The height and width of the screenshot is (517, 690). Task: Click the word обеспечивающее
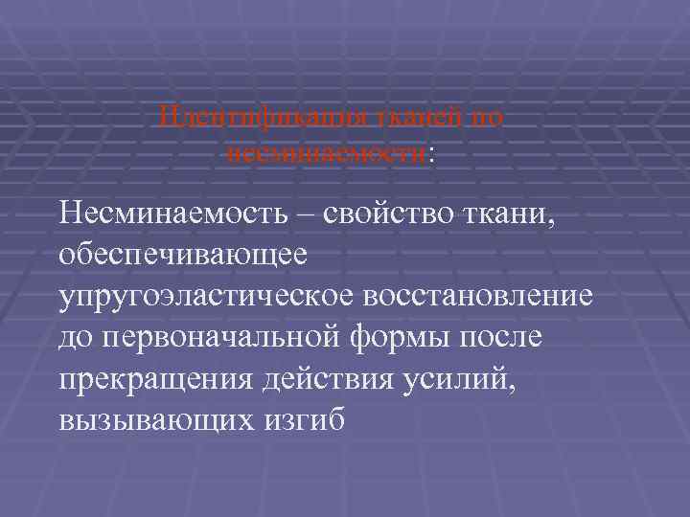(x=182, y=254)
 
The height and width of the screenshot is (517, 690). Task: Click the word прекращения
(x=152, y=380)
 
